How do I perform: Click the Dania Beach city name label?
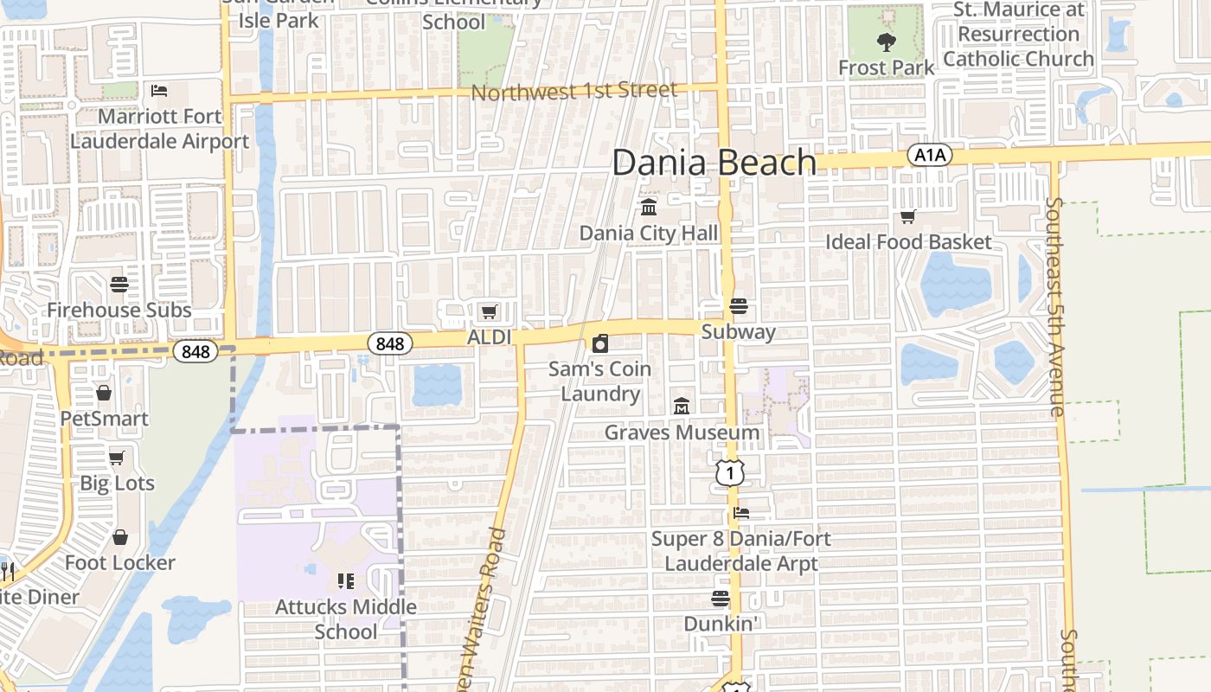[714, 163]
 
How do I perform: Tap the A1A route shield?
[930, 156]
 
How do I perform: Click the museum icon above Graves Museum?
[682, 406]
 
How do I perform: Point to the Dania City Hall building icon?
[649, 207]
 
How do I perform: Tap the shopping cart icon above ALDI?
[489, 311]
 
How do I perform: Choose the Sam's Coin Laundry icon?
[599, 343]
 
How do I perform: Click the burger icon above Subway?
[738, 306]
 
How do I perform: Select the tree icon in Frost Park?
[886, 42]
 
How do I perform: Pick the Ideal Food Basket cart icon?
[907, 216]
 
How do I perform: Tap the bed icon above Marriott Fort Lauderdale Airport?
[159, 90]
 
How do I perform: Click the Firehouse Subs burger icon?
[119, 284]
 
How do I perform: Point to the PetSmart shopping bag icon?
[104, 393]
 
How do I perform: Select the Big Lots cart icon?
[117, 457]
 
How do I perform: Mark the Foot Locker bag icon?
[119, 537]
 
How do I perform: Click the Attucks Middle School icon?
[346, 580]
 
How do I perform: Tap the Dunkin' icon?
[721, 598]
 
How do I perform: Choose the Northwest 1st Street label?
[574, 91]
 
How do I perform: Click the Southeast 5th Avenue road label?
[1056, 307]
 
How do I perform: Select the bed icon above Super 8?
[741, 513]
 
